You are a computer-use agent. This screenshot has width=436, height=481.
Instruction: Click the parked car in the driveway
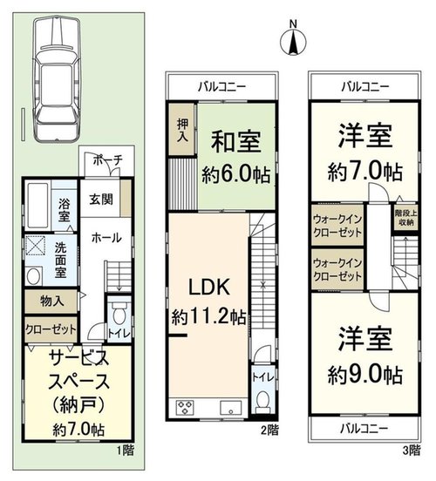pos(58,80)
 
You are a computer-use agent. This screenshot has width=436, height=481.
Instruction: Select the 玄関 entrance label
pos(100,200)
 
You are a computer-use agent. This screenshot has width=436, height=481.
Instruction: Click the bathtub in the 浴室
pos(37,205)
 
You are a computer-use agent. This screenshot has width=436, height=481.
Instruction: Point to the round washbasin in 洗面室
pos(34,276)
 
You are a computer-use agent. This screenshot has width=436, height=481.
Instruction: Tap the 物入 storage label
pos(52,301)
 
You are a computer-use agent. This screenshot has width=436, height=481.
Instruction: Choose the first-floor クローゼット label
pos(51,329)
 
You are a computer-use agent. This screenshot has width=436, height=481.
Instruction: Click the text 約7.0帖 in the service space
pos(78,429)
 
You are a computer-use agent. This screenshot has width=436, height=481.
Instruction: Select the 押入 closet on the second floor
pos(182,131)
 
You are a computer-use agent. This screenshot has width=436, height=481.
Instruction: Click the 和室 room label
pos(235,142)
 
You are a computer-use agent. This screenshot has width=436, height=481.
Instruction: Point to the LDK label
pos(208,287)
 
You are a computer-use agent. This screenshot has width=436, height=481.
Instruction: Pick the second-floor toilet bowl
pos(262,401)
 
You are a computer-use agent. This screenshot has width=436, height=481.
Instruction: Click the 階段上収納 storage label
pos(405,218)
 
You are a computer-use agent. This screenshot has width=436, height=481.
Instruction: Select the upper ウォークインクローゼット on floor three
pos(337,225)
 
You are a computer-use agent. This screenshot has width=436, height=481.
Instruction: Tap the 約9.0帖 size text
pos(365,375)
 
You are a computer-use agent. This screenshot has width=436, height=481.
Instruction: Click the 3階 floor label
pos(411,450)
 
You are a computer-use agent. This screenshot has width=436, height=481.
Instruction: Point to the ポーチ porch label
pos(107,159)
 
